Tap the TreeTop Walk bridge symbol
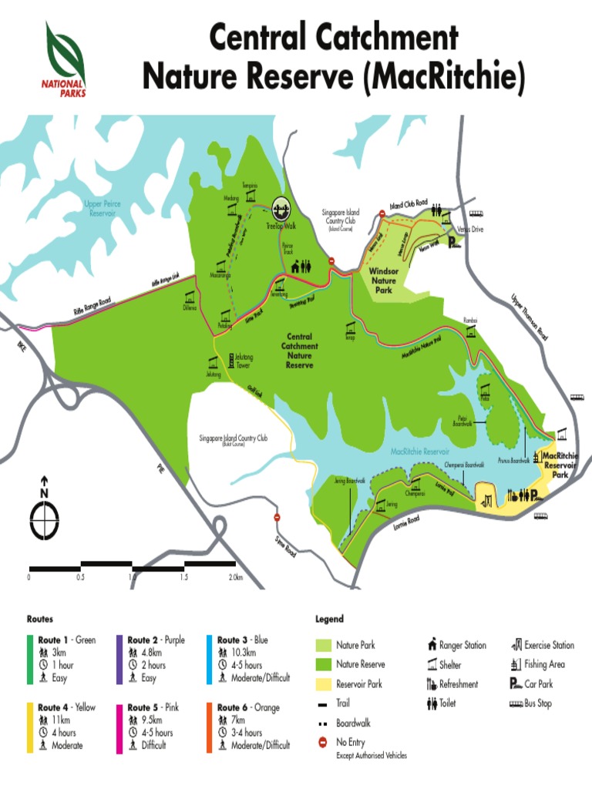tap(282, 208)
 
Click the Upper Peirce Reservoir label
tap(102, 208)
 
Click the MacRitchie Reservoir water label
tap(419, 452)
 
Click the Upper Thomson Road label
tap(530, 316)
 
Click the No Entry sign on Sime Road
tap(277, 518)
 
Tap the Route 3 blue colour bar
tap(210, 658)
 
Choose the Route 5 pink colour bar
tap(120, 726)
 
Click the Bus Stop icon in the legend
tap(513, 703)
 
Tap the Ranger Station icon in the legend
tap(432, 645)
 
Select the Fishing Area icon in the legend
tap(514, 664)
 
